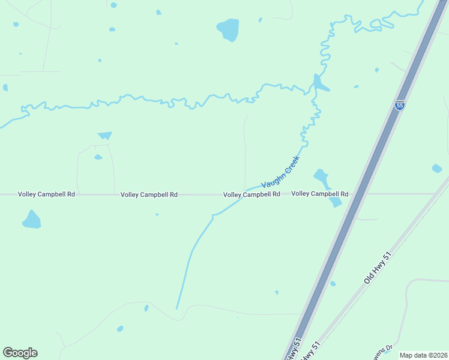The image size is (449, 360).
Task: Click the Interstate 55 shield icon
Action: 400,105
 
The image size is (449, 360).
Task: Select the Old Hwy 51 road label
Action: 378,268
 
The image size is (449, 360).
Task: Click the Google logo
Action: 20,353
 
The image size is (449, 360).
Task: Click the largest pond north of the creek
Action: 228,29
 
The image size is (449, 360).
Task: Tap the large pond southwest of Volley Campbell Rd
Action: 31,220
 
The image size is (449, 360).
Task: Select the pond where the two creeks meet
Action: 319,83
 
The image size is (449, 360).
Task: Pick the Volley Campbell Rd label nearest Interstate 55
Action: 320,194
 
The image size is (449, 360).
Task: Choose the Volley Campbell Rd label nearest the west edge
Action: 46,194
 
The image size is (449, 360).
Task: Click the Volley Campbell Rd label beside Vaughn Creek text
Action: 252,194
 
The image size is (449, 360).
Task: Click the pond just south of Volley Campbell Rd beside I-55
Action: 335,202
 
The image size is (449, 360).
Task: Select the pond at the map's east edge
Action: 437,169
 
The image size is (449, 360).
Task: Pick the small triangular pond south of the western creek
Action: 105,136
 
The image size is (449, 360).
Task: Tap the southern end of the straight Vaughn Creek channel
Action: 176,308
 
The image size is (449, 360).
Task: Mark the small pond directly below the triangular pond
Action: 98,157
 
